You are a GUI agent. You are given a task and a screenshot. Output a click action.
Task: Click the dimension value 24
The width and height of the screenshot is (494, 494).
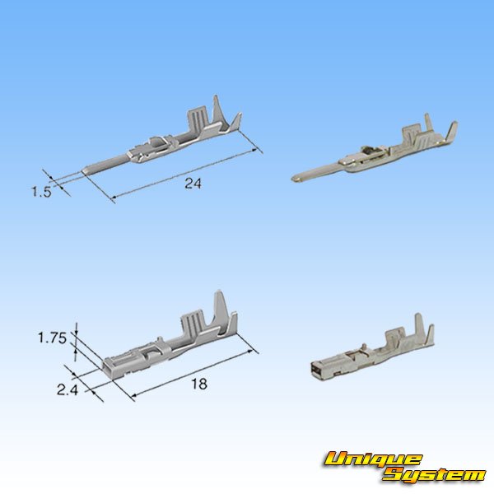193,184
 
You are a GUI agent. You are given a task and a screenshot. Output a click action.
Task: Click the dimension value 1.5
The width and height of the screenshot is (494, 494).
41,192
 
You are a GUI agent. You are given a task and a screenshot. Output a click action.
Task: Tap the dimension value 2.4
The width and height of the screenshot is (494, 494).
68,390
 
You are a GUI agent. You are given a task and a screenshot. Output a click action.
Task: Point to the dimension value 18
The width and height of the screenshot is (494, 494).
198,384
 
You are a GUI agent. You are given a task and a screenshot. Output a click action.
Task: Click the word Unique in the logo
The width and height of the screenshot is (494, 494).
372,459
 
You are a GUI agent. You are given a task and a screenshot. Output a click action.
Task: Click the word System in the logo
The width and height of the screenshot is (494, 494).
433,474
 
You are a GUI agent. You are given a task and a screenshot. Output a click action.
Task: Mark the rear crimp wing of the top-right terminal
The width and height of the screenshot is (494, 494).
450,132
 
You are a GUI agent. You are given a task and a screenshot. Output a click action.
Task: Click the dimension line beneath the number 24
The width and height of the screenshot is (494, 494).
185,175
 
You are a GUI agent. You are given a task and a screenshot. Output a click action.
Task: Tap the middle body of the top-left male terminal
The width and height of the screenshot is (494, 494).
152,152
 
